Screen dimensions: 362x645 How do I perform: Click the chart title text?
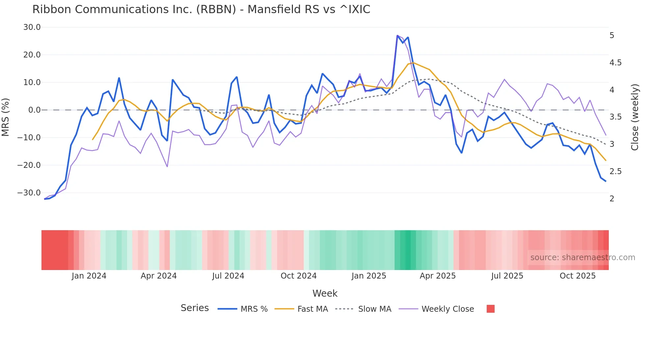(201, 9)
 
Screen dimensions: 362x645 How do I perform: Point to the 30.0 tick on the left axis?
(32, 27)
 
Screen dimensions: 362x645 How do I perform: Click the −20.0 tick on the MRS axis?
(29, 165)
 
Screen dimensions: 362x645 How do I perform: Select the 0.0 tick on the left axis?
(34, 110)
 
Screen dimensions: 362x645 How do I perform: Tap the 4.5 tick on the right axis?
(615, 63)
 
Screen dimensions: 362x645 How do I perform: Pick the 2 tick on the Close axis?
(612, 199)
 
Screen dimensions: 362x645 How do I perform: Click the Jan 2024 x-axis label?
(89, 276)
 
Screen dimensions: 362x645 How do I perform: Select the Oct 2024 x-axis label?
(298, 276)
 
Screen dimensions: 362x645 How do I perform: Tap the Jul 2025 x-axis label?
(507, 276)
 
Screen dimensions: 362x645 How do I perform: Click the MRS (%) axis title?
(6, 117)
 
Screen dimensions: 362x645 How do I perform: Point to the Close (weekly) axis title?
(635, 117)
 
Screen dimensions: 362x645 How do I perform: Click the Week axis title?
(325, 293)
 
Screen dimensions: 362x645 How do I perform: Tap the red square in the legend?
(490, 309)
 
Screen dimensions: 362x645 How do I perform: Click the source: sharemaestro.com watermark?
(582, 258)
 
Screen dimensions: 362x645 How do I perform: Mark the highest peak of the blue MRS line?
(398, 35)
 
